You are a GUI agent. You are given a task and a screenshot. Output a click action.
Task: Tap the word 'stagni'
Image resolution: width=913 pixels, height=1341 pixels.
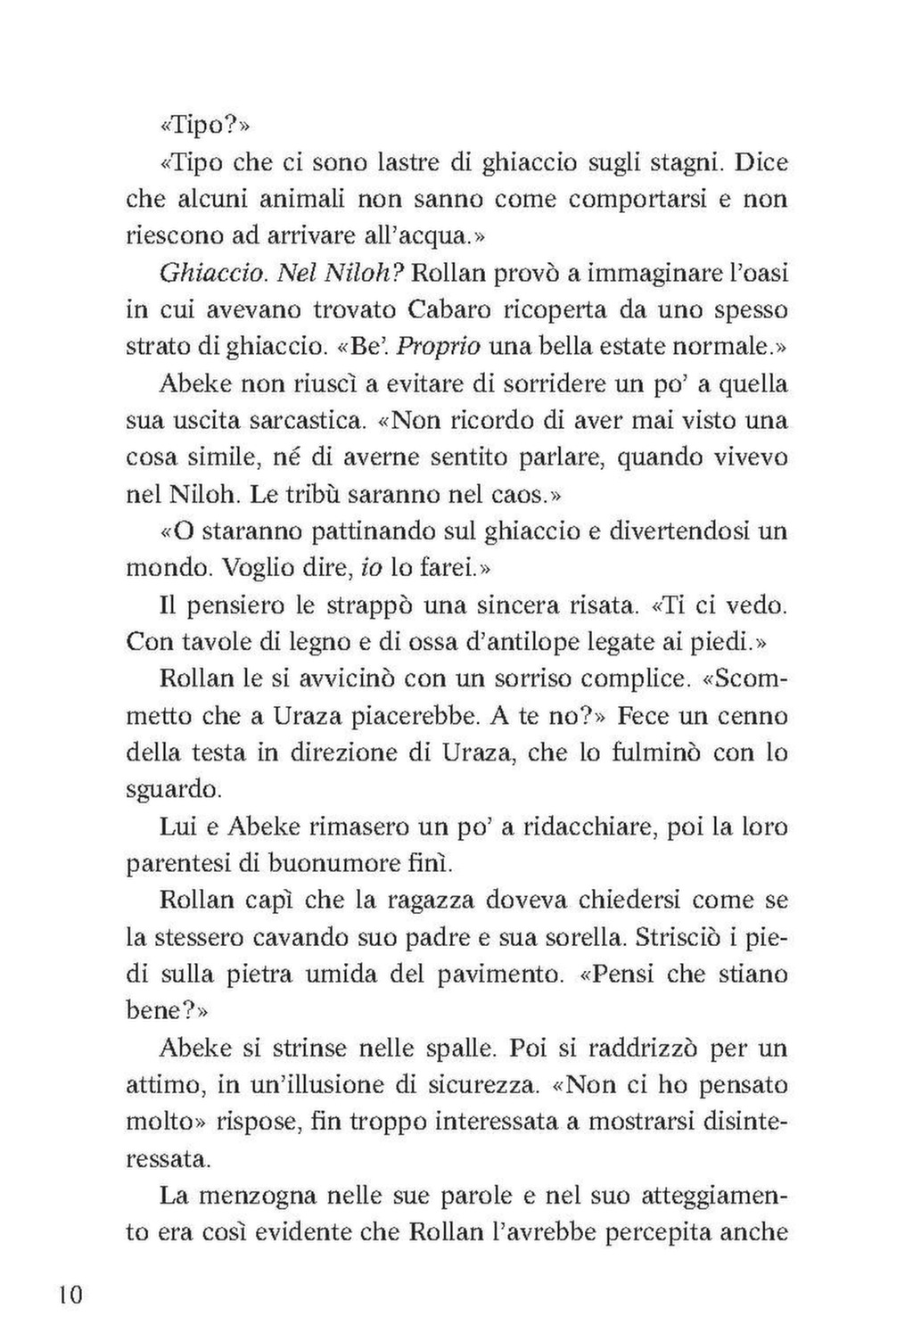coord(665,164)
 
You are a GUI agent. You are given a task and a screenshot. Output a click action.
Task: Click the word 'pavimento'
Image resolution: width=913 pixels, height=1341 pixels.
coord(493,974)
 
